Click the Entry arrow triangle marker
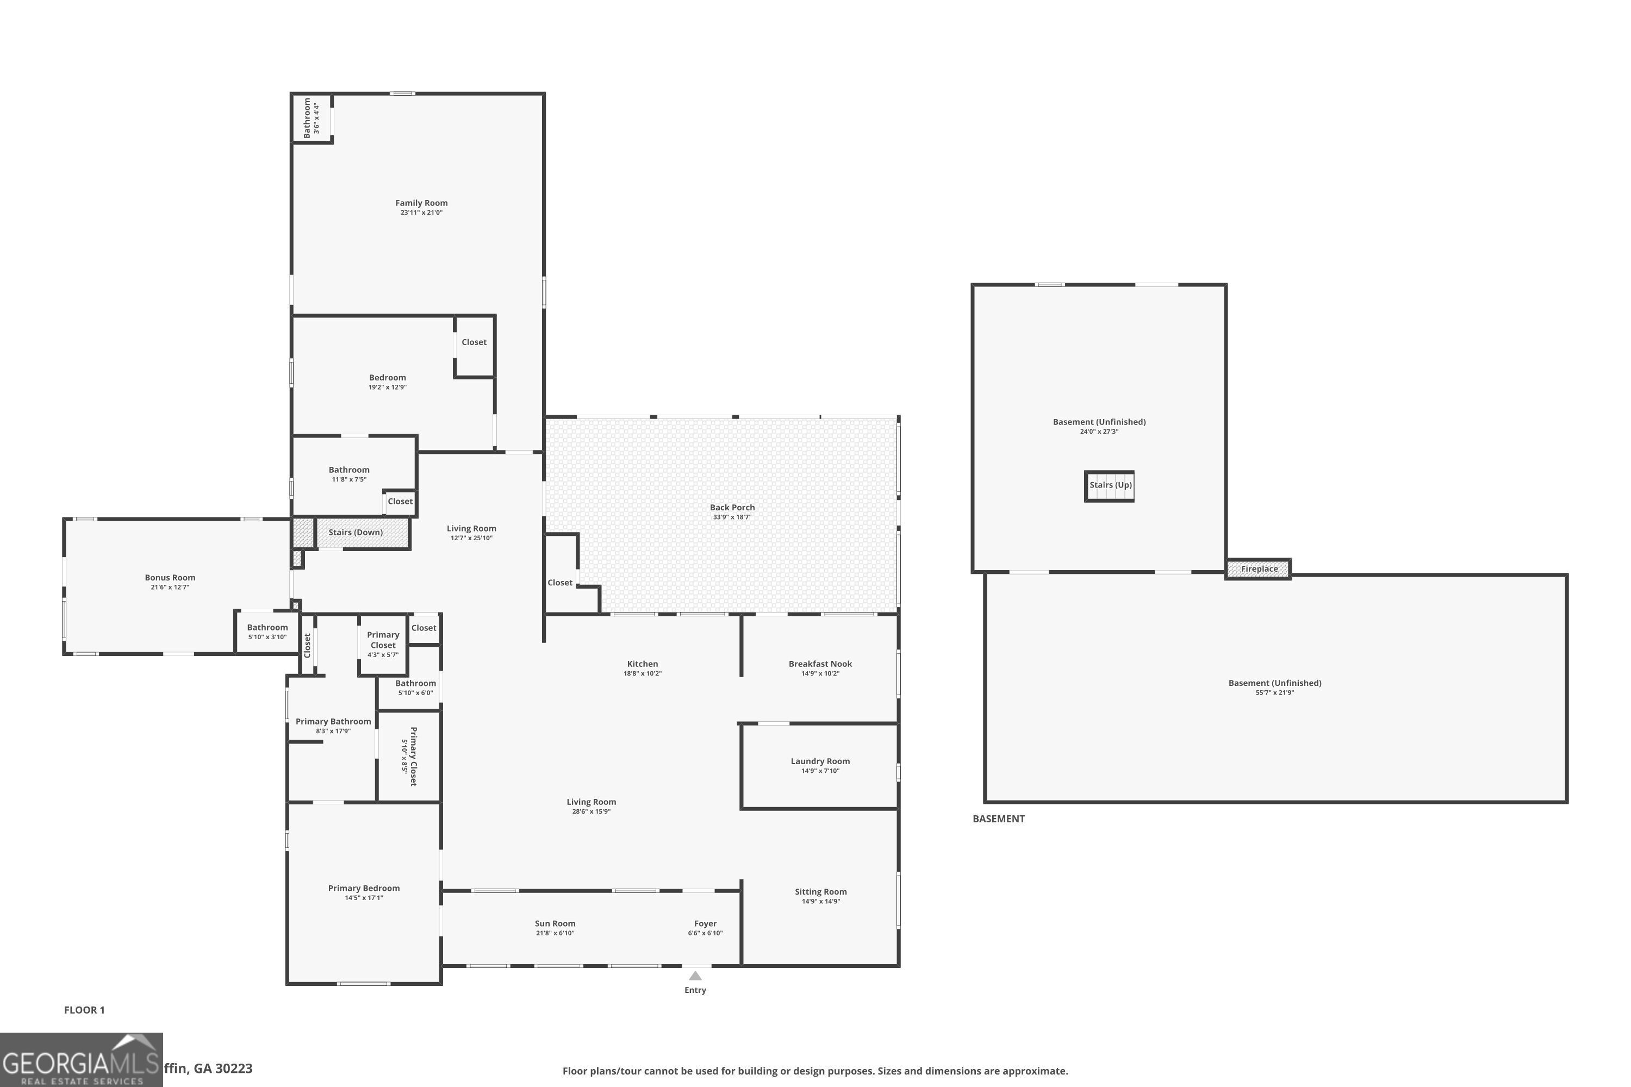[695, 976]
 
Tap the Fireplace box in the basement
[1259, 569]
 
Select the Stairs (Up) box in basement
[1110, 485]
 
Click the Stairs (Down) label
[355, 533]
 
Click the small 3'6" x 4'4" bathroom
[312, 118]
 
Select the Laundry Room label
[820, 761]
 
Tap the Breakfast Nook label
[820, 664]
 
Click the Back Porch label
[732, 508]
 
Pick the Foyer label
[705, 923]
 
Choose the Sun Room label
[555, 923]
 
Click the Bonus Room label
[170, 577]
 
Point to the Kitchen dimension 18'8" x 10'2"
[642, 674]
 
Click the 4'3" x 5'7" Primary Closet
[383, 645]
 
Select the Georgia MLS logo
[81, 1059]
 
